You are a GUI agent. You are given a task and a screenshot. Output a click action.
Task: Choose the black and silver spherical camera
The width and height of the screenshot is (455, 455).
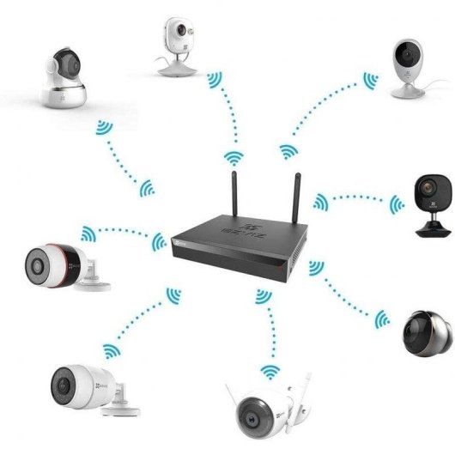coord(427,329)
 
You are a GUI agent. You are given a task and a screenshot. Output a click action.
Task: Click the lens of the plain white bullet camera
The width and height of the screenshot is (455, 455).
coord(63,378)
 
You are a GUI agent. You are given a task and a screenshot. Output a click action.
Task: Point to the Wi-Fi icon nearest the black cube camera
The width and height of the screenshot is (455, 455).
coord(397,204)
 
